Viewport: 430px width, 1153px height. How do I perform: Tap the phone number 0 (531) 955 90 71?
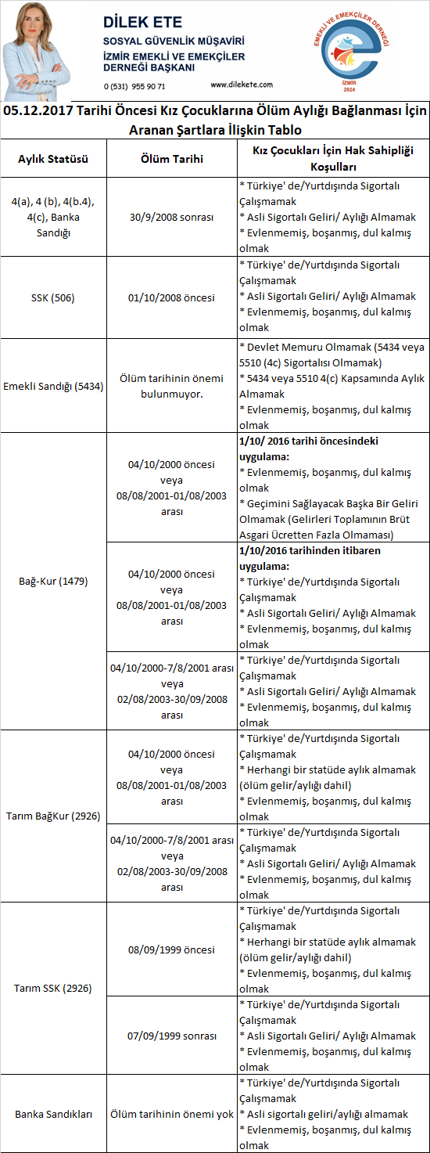click(x=134, y=85)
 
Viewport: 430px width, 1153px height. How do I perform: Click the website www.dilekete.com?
click(x=242, y=85)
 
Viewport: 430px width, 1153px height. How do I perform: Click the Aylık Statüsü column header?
click(x=53, y=159)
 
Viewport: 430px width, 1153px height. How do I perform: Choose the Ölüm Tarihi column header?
click(x=172, y=159)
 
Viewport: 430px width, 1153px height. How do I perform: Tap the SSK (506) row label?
click(x=53, y=297)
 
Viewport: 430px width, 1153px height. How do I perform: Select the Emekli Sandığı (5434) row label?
click(x=53, y=386)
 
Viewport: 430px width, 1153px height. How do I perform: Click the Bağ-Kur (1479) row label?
click(x=53, y=582)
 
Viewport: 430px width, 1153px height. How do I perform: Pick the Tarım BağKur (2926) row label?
click(x=53, y=816)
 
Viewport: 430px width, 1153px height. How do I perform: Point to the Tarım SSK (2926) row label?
click(x=53, y=989)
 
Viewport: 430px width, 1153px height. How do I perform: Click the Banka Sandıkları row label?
click(x=53, y=1114)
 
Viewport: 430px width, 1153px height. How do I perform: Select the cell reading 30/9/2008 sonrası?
click(x=172, y=217)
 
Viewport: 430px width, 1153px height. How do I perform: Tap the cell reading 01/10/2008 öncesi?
click(x=172, y=297)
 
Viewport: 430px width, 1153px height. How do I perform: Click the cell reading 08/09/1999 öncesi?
click(x=172, y=949)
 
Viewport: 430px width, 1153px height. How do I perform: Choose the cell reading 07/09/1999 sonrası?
click(x=172, y=1036)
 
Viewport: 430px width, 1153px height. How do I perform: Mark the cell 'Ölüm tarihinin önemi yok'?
click(x=172, y=1114)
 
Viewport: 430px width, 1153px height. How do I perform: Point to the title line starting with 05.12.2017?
click(x=215, y=111)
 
